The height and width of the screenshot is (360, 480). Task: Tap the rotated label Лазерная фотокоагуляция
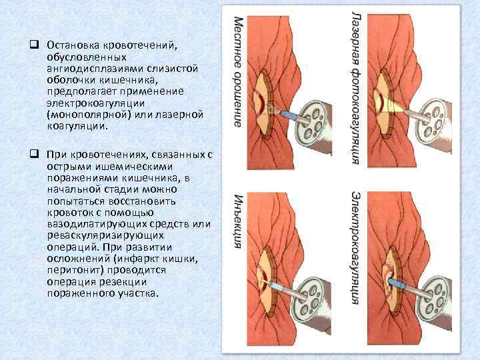click(x=357, y=87)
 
